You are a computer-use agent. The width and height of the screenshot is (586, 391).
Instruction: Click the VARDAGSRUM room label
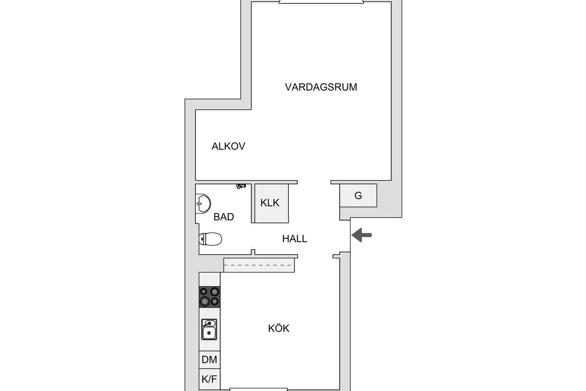[x=321, y=87]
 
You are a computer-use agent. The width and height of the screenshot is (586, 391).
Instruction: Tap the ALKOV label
[x=229, y=146]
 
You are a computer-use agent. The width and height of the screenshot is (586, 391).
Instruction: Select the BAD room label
[x=224, y=217]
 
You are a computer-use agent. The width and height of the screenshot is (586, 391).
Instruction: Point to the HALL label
[x=295, y=239]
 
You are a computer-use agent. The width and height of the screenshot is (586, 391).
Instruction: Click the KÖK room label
[x=278, y=328]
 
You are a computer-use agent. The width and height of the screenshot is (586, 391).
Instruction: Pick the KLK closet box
[x=271, y=203]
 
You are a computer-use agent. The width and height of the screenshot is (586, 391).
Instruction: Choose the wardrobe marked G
[x=358, y=195]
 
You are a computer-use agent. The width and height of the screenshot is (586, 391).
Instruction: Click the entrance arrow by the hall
[x=362, y=235]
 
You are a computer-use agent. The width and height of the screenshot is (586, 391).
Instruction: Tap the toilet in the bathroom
[x=210, y=239]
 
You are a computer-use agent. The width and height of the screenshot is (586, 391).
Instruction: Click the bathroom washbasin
[x=203, y=203]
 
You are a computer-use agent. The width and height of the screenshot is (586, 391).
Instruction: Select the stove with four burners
[x=209, y=297]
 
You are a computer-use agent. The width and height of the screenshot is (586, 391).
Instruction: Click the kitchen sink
[x=209, y=329]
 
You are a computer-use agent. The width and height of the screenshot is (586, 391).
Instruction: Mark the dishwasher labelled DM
[x=209, y=359]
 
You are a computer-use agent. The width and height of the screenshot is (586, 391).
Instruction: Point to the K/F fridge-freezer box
[x=209, y=379]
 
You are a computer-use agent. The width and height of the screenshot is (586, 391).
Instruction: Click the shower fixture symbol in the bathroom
[x=241, y=186]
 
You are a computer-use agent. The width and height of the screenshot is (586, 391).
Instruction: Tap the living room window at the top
[x=321, y=2]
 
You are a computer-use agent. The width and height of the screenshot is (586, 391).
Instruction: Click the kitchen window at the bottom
[x=259, y=389]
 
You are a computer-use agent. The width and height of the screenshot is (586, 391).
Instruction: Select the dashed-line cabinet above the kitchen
[x=259, y=265]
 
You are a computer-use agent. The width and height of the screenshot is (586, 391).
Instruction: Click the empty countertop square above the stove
[x=209, y=280]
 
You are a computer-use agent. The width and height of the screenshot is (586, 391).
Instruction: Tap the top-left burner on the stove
[x=204, y=292]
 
